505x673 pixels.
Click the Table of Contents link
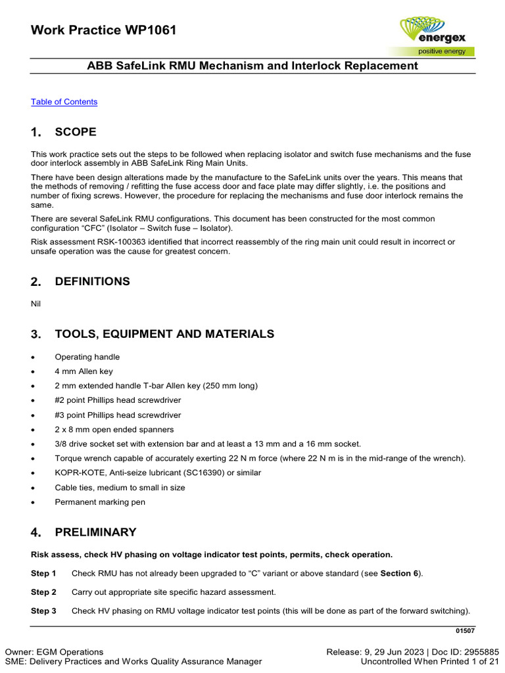point(64,102)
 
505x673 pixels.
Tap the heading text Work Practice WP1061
point(103,30)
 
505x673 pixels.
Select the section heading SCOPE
point(76,132)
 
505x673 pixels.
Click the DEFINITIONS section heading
point(92,281)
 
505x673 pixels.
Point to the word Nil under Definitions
point(36,304)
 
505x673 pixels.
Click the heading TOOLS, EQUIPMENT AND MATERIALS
point(164,334)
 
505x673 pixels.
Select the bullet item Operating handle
point(87,357)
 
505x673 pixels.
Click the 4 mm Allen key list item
point(84,371)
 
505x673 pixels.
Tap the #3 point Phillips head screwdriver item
point(118,415)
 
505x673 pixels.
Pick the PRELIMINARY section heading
point(95,532)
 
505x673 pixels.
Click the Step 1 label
point(43,573)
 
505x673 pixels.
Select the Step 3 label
point(43,611)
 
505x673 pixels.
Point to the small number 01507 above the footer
point(465,631)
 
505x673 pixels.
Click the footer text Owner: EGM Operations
point(54,651)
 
